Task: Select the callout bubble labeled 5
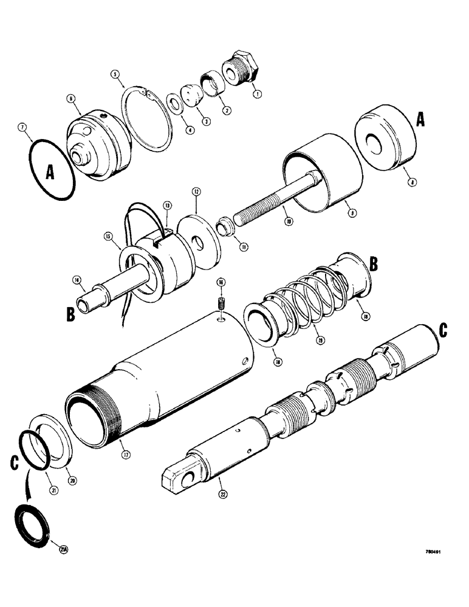pos(114,76)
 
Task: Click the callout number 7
pos(22,128)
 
